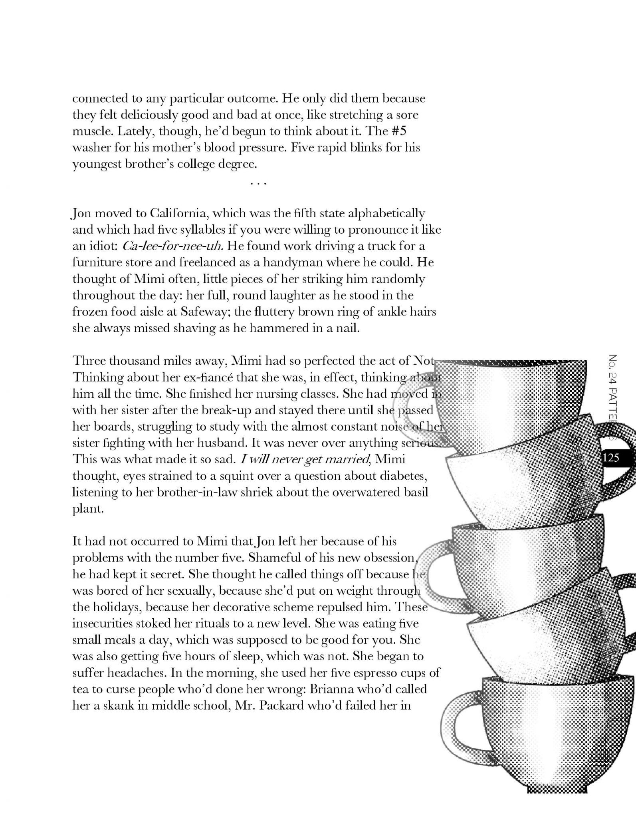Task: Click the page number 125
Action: (x=611, y=457)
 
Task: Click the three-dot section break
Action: (x=258, y=183)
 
